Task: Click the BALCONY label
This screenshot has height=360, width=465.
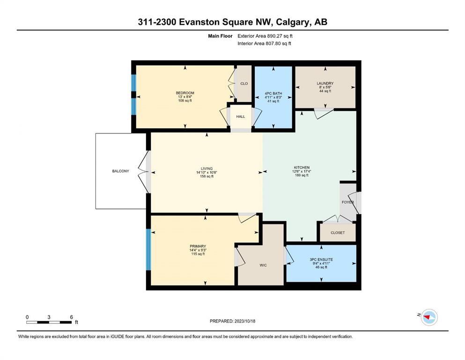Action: [x=120, y=171]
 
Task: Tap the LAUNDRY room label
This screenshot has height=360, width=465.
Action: [x=325, y=83]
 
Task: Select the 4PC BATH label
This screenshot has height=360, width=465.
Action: [x=273, y=93]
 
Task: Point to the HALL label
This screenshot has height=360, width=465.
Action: [x=241, y=117]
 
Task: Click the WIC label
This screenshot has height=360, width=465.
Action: [x=263, y=265]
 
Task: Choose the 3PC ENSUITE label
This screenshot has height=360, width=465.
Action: [x=321, y=259]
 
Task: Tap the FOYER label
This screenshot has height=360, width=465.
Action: [x=348, y=202]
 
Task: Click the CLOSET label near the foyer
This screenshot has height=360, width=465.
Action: [x=338, y=232]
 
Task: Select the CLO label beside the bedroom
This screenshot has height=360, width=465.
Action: [x=244, y=83]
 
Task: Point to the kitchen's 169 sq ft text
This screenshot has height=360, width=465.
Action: [x=302, y=175]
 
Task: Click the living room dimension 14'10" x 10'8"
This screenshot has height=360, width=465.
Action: [x=207, y=172]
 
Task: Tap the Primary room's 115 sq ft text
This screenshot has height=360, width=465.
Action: [x=198, y=254]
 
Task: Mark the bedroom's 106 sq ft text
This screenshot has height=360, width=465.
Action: [x=185, y=101]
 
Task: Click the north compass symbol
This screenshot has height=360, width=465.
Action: [x=429, y=317]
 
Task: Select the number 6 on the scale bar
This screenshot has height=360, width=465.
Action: [x=71, y=317]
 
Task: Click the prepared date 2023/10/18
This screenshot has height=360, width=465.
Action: [x=244, y=321]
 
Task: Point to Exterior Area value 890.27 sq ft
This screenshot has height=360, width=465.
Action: [x=280, y=36]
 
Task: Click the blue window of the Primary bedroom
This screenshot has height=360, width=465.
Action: [x=148, y=249]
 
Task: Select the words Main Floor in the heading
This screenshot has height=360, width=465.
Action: [x=220, y=36]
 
